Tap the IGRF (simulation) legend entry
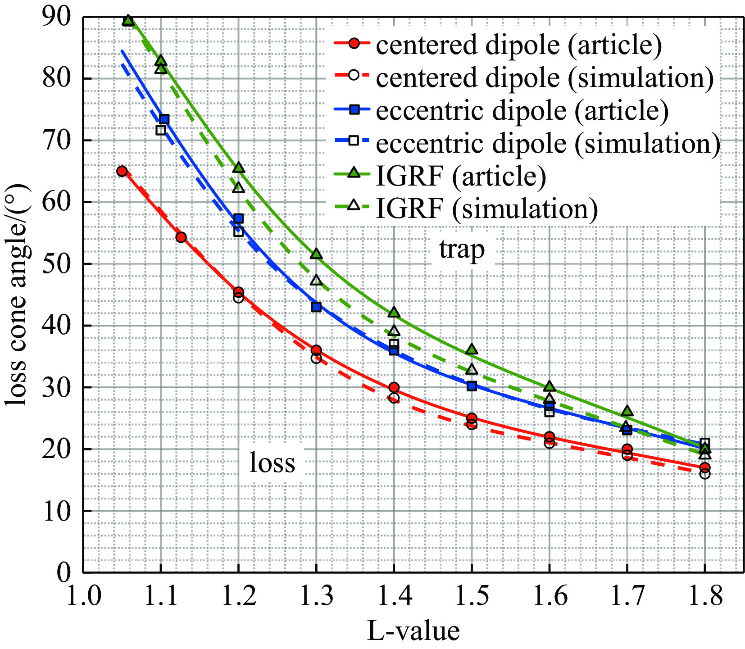pos(486,209)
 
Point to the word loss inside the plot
pos(272,463)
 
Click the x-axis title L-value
pos(413,631)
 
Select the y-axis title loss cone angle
pos(17,295)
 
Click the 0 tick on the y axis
pos(64,572)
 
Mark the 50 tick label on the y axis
pos(57,264)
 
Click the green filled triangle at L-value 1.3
pos(316,254)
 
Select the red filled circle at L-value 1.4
pos(394,387)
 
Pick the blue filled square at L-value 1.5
pos(472,386)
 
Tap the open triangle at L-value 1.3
pos(316,280)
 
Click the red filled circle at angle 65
pos(122,171)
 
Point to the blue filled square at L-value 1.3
pos(316,307)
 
